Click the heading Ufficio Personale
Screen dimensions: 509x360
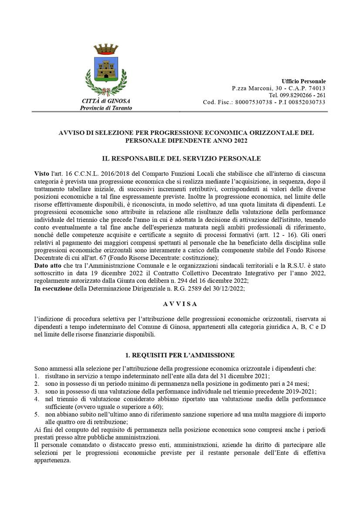(303, 81)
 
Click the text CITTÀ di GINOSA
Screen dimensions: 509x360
(106, 101)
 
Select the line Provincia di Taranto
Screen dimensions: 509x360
(106, 108)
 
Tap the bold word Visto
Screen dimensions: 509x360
(42, 174)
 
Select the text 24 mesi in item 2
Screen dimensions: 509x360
(297, 383)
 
